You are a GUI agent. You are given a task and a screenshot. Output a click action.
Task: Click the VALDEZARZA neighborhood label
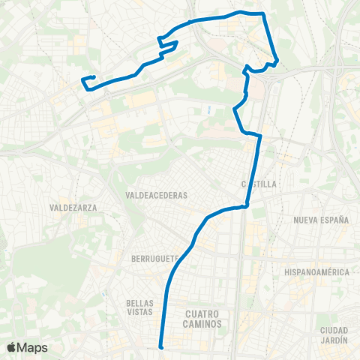coord(73,207)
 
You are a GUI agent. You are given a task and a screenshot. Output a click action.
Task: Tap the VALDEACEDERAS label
coord(157,195)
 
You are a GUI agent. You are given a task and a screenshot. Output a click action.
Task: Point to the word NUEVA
coord(308,220)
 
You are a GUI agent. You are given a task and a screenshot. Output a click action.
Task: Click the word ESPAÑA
coord(335,220)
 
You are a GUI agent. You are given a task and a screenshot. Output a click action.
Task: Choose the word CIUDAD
coord(334,331)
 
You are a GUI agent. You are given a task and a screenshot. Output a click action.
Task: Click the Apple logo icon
coord(12,347)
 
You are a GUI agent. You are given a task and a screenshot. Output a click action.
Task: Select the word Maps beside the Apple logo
coord(33,347)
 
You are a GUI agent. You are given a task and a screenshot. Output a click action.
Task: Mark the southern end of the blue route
coord(161,346)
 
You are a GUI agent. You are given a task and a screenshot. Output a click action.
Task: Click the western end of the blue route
coord(82,79)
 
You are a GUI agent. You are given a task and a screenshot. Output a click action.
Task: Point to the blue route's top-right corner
coord(264,13)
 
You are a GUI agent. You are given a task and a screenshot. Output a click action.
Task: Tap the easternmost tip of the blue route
coord(277,60)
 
